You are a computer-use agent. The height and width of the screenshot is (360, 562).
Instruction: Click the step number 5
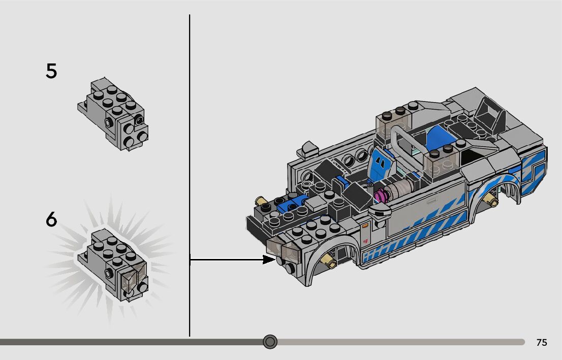51,71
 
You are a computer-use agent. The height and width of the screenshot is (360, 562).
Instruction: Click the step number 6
51,219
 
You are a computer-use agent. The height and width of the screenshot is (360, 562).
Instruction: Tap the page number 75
542,342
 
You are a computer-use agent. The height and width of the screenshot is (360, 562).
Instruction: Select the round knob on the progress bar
270,342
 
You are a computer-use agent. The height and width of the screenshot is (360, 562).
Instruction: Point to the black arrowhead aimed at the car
269,259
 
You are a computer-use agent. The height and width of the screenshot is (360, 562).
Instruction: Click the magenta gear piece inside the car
381,195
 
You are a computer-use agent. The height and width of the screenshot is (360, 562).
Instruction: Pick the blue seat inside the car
381,163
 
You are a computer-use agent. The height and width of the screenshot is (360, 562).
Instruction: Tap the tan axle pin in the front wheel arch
329,262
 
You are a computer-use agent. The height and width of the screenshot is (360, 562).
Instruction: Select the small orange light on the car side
365,226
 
